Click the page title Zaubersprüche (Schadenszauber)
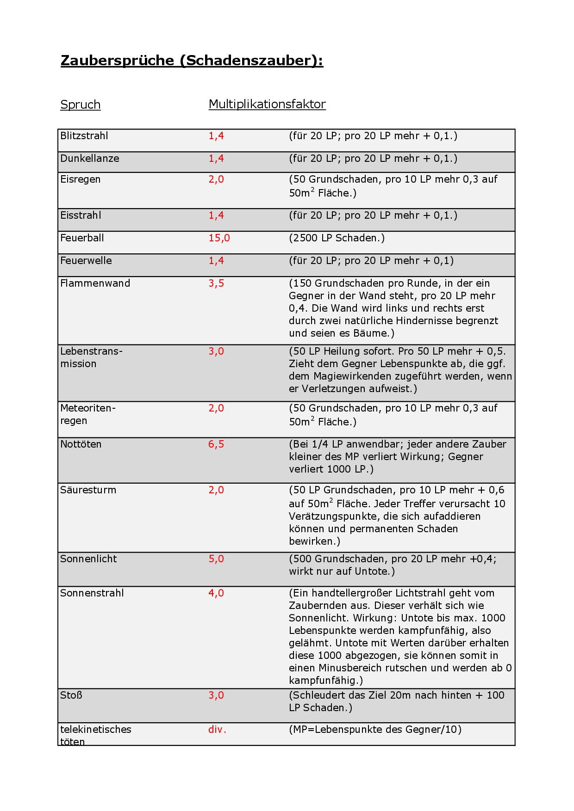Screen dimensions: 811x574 pyautogui.click(x=192, y=61)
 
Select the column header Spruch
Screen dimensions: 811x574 pyautogui.click(x=81, y=104)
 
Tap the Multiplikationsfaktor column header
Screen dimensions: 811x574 pyautogui.click(x=267, y=104)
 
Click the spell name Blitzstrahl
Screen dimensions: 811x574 pyautogui.click(x=84, y=136)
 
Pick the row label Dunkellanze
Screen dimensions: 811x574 pyautogui.click(x=90, y=159)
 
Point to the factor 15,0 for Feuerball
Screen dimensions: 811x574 pyautogui.click(x=219, y=238)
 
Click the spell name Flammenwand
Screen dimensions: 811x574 pyautogui.click(x=95, y=283)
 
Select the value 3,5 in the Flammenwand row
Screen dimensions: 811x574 pyautogui.click(x=216, y=283)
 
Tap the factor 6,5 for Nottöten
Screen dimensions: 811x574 pyautogui.click(x=216, y=444)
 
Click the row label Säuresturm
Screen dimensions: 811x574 pyautogui.click(x=88, y=490)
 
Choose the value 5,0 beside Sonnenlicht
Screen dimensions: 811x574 pyautogui.click(x=216, y=559)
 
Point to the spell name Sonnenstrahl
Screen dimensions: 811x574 pyautogui.click(x=92, y=593)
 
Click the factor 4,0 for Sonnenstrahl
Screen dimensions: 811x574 pyautogui.click(x=216, y=593)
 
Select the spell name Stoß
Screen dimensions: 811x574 pyautogui.click(x=71, y=695)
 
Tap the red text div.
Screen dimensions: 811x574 pyautogui.click(x=217, y=730)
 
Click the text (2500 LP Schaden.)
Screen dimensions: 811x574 pyautogui.click(x=337, y=238)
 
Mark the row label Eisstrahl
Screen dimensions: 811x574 pyautogui.click(x=81, y=215)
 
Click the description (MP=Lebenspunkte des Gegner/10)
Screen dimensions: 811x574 pyautogui.click(x=375, y=730)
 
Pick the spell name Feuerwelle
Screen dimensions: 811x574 pyautogui.click(x=86, y=261)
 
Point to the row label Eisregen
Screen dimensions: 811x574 pyautogui.click(x=80, y=179)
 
